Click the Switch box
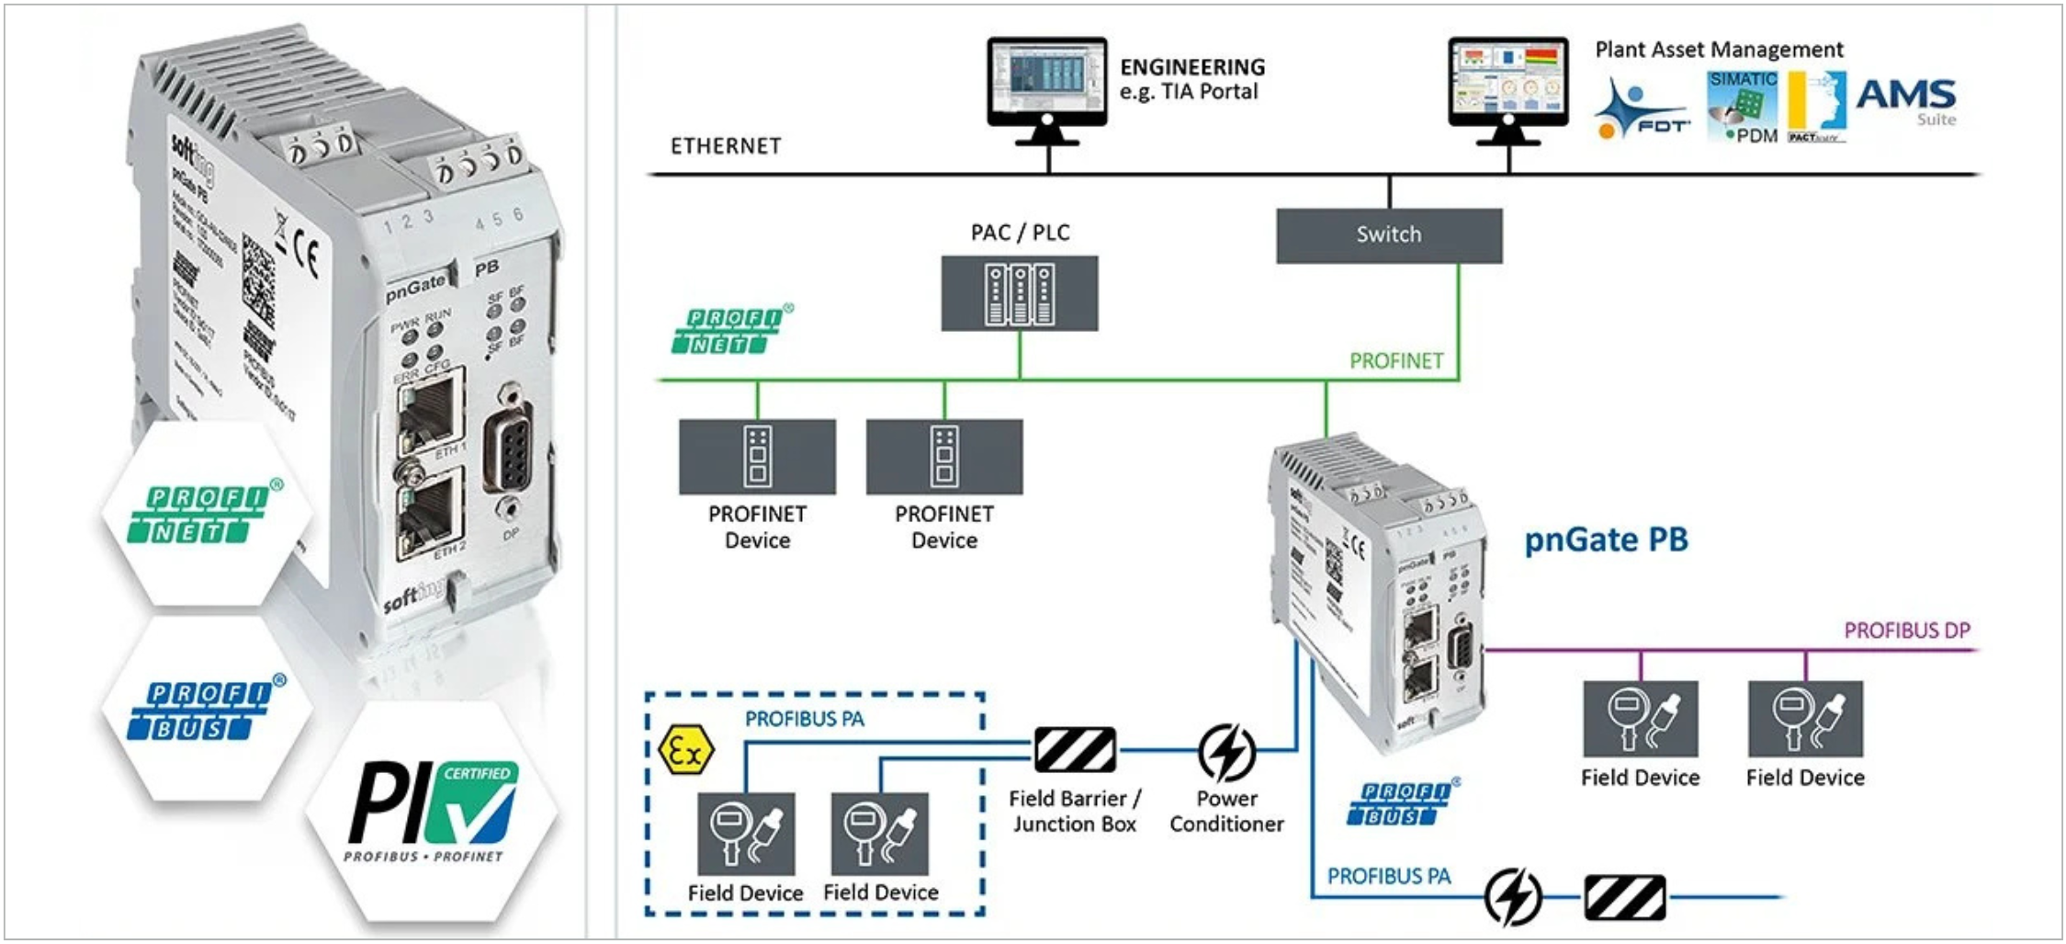click(x=1388, y=235)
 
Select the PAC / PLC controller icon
click(x=1019, y=293)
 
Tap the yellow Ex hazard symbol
click(x=685, y=750)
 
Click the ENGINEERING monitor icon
click(x=1047, y=85)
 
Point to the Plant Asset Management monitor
click(x=1507, y=85)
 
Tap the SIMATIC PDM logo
click(x=1743, y=107)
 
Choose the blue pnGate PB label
click(x=1606, y=540)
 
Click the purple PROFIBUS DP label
click(x=1906, y=631)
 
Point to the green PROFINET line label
click(x=1395, y=361)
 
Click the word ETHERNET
click(x=726, y=146)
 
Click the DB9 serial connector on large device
click(x=507, y=449)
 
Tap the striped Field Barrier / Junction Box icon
click(x=1074, y=750)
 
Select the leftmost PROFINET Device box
click(x=757, y=457)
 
